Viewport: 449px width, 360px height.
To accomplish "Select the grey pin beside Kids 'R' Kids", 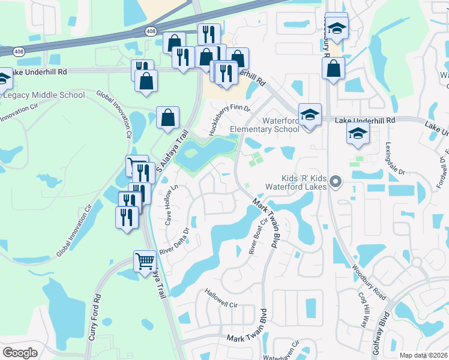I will [336, 181].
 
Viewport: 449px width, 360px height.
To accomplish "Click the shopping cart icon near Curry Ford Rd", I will [145, 262].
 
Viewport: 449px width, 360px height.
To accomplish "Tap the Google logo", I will [20, 353].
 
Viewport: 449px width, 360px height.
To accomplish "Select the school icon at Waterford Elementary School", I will [310, 115].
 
